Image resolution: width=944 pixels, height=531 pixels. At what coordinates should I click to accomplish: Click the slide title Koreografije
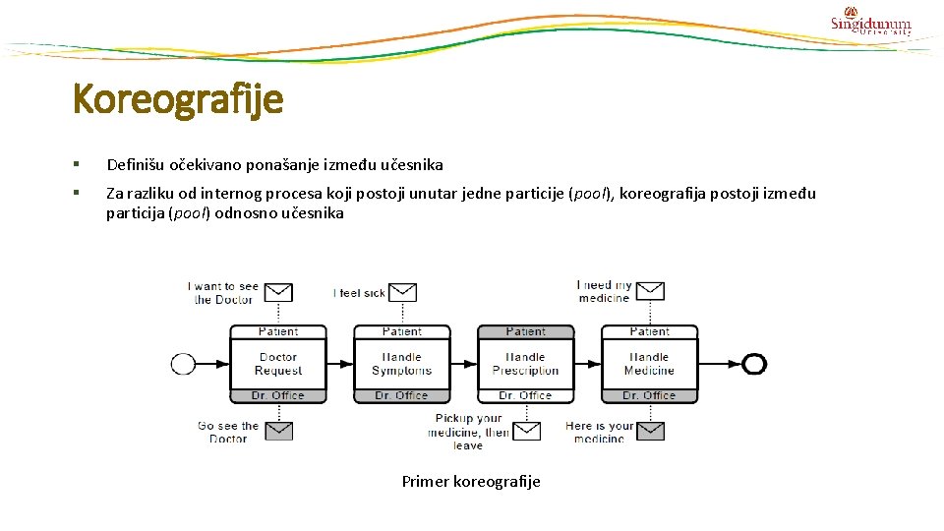click(x=178, y=99)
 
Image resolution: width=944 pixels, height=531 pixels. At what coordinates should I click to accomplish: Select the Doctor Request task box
click(x=278, y=364)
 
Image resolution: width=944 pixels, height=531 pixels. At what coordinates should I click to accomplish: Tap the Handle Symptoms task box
click(x=401, y=364)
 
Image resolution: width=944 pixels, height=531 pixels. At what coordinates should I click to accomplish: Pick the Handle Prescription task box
click(x=525, y=364)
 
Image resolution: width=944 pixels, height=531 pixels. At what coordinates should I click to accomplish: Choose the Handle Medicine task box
click(x=649, y=364)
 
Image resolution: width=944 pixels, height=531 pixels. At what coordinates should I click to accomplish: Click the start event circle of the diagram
click(x=183, y=364)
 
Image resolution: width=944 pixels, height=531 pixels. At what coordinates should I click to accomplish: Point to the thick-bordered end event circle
click(x=754, y=364)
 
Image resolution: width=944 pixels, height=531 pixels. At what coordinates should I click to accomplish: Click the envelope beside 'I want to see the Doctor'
click(x=279, y=292)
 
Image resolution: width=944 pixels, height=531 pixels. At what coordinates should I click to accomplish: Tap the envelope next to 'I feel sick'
click(x=403, y=292)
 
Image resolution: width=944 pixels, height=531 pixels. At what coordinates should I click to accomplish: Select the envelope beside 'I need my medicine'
click(x=650, y=291)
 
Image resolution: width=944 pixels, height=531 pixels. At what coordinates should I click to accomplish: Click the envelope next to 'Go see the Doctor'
click(x=279, y=431)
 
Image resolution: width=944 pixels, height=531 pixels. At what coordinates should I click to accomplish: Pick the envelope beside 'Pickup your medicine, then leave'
click(x=527, y=431)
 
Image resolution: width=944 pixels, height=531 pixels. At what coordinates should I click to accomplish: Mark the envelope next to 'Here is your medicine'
click(x=650, y=431)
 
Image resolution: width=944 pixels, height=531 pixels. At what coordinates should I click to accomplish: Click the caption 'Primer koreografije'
click(x=471, y=481)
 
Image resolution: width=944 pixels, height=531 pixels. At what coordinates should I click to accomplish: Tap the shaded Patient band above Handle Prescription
click(x=525, y=331)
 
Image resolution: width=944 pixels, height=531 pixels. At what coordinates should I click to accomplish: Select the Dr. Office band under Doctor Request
click(x=278, y=395)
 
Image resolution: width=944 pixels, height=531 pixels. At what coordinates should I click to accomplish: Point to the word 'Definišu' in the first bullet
click(x=136, y=164)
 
